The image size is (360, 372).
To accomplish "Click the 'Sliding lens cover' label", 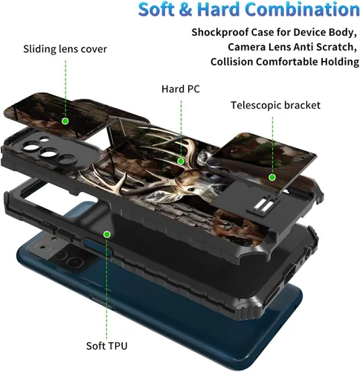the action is pyautogui.click(x=65, y=49).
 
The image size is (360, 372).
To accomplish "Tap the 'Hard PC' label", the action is pyautogui.click(x=181, y=89).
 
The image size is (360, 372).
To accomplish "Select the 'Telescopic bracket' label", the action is pyautogui.click(x=275, y=106).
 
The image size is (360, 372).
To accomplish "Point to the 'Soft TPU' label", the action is pyautogui.click(x=106, y=346).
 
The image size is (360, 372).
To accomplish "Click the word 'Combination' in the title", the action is pyautogui.click(x=303, y=10).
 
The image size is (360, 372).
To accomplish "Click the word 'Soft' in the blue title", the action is pyautogui.click(x=156, y=10).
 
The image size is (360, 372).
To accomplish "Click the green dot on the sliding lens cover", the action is pyautogui.click(x=65, y=121).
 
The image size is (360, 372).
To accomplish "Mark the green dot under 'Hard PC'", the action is pyautogui.click(x=181, y=161).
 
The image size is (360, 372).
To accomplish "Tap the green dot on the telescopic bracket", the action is pyautogui.click(x=272, y=178).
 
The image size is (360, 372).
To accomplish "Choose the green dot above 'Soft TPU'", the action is pyautogui.click(x=107, y=234).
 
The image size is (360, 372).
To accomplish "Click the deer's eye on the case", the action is pyautogui.click(x=190, y=190).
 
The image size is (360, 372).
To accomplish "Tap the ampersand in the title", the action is pyautogui.click(x=185, y=10).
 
